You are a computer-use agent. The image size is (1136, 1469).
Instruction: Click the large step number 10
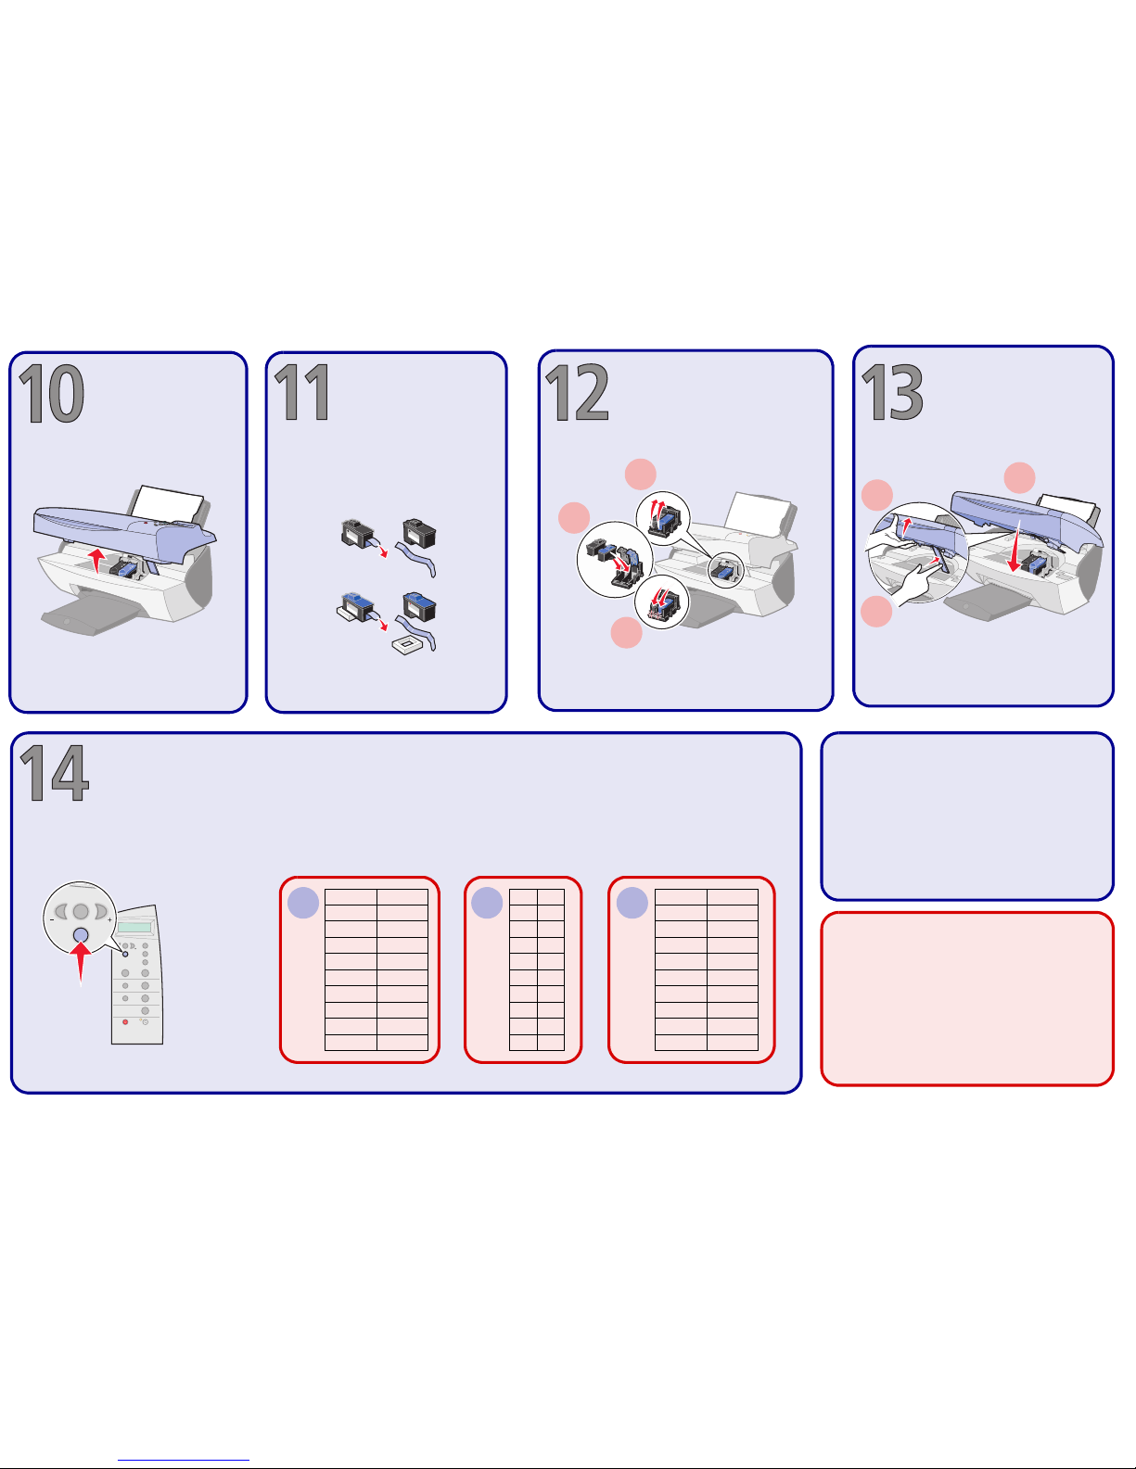pos(51,394)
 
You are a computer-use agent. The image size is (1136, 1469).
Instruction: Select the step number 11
pos(302,392)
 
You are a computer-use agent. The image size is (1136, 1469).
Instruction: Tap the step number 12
pos(577,392)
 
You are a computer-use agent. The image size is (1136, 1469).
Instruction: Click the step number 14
pos(54,772)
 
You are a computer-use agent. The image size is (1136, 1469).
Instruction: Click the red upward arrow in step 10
pos(97,560)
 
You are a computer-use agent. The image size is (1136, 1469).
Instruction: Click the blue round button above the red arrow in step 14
pos(81,935)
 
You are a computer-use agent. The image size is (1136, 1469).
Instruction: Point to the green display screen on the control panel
pos(134,927)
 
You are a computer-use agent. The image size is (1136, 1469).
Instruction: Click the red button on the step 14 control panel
pos(125,1021)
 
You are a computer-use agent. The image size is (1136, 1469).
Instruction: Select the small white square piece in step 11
pos(407,645)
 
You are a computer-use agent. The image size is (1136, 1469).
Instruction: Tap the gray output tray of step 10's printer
pos(88,615)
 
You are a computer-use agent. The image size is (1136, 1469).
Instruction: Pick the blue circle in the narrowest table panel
pos(487,903)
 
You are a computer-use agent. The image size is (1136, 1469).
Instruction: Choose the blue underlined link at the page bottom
pos(184,1460)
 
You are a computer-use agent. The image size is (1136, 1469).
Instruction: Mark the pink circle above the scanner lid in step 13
pos(1019,478)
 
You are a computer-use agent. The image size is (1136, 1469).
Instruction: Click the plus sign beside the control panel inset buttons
pos(109,920)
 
